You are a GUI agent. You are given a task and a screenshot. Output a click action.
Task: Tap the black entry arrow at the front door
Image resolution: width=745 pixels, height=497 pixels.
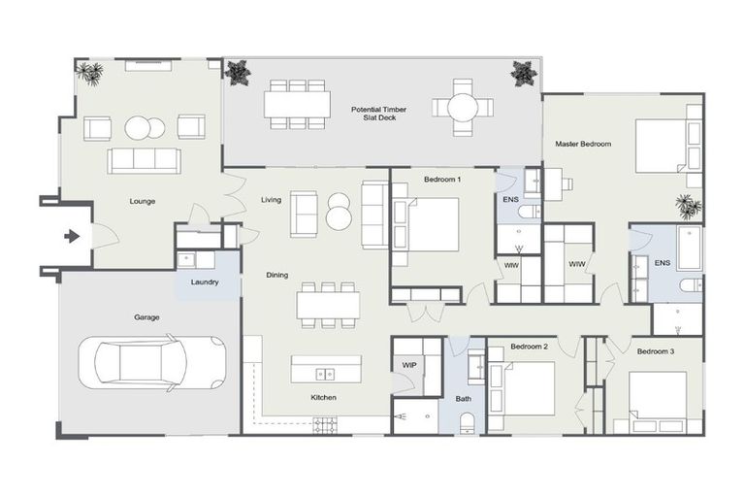[71, 236]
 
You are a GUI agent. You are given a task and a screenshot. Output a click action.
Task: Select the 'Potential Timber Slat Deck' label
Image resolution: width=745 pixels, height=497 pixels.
[378, 115]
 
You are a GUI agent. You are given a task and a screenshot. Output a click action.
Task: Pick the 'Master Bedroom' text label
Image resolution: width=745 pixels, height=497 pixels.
[583, 144]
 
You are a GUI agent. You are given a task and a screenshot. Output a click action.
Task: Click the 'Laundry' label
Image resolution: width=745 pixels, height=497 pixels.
[205, 282]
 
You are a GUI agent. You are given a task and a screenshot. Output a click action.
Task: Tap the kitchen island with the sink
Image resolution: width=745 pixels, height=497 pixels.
[326, 369]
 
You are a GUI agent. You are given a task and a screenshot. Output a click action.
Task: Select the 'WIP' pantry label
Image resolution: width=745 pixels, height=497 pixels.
[409, 365]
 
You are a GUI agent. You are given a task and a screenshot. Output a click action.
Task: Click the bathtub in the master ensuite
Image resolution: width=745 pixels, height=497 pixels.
[691, 249]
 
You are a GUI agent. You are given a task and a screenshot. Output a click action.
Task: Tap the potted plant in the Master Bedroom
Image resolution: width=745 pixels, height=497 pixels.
[688, 206]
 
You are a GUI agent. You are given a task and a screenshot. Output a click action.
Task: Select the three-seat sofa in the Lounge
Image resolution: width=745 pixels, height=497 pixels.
[144, 160]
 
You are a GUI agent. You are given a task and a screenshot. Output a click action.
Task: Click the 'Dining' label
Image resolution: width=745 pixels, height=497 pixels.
[277, 275]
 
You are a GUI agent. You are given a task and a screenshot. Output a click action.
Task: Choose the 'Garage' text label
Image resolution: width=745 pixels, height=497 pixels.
[147, 317]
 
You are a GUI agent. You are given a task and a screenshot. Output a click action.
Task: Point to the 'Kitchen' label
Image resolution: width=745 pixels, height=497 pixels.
[323, 398]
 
